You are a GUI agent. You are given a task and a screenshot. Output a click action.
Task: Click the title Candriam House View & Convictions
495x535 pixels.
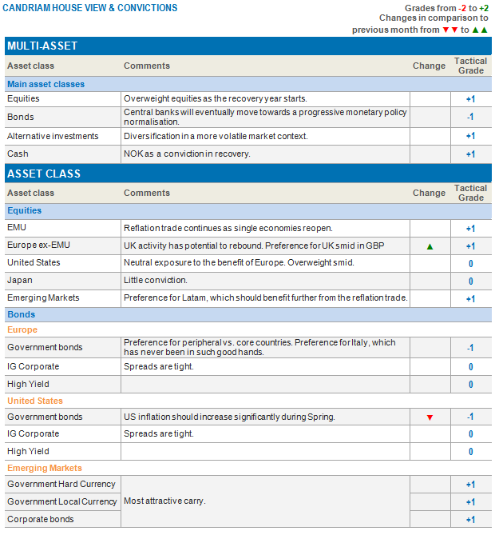(91, 8)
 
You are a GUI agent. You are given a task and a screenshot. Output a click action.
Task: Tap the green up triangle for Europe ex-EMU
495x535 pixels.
(430, 246)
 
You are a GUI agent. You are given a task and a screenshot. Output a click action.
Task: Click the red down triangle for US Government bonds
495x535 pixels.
(430, 417)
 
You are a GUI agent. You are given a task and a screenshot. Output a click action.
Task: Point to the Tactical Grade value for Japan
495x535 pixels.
(470, 281)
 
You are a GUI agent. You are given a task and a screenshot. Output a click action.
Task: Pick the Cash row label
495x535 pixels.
(18, 154)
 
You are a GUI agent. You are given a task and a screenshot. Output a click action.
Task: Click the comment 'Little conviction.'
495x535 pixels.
(155, 281)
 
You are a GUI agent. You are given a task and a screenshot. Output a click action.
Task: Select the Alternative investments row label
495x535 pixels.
(53, 137)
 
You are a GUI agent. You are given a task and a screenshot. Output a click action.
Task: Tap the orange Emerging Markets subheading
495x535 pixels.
(45, 468)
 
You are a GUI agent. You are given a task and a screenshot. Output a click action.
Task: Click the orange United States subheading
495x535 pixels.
(35, 401)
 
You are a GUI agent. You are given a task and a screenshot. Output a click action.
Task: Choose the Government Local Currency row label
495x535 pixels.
(61, 501)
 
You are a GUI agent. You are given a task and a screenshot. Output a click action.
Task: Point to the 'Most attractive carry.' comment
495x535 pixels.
(164, 501)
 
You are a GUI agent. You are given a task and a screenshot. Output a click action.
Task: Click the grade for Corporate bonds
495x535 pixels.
(470, 520)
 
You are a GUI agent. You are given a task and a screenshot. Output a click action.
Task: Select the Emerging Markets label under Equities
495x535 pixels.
(43, 298)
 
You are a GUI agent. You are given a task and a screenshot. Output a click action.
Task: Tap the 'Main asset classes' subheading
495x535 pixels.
(46, 84)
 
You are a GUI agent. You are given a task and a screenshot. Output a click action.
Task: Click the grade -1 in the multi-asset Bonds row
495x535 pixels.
(470, 117)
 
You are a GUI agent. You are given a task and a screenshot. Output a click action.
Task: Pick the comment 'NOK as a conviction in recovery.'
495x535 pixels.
(187, 154)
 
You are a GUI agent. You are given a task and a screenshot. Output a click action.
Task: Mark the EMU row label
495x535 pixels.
(17, 228)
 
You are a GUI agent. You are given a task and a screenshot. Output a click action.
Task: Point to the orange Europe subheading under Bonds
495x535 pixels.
(22, 329)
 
